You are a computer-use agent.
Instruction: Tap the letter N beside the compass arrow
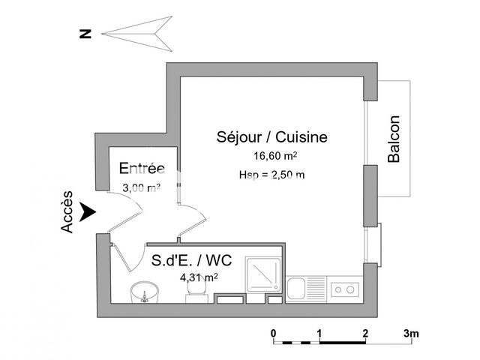pos(87,32)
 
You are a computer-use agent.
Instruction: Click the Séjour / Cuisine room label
pos(271,137)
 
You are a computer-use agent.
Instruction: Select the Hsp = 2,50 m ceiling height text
pos(271,175)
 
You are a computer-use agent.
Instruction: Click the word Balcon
pos(394,139)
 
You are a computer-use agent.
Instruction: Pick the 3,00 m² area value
pos(142,188)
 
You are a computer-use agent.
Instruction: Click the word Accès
pos(67,211)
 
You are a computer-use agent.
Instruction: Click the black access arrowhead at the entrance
pos(89,211)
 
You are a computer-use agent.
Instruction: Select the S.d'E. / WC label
pos(192,260)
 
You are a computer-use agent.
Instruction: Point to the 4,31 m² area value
pos(199,277)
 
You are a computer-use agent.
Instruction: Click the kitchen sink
pos(297,288)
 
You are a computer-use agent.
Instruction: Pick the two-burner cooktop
pos(346,288)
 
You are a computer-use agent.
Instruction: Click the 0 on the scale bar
pos(274,332)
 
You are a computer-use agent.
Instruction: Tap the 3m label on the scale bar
pos(412,332)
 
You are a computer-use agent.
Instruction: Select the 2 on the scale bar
pos(365,332)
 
